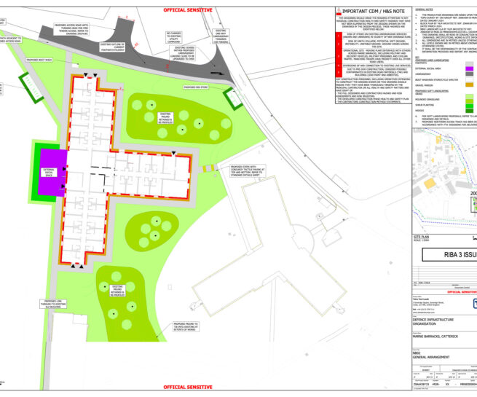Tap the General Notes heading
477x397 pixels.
(x=430, y=9)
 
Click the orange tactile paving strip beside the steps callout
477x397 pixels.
(x=210, y=169)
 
